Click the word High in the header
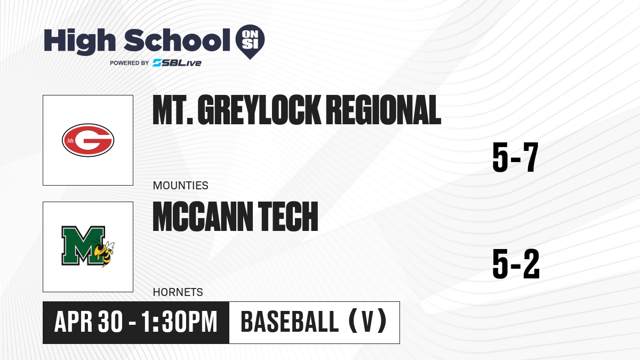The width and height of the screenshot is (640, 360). click(x=80, y=42)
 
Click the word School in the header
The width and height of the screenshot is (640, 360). click(x=177, y=41)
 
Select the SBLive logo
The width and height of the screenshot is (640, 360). click(x=177, y=63)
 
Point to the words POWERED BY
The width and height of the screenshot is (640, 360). click(x=130, y=63)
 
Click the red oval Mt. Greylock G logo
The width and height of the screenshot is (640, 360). click(x=88, y=140)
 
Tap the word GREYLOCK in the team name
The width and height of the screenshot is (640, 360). click(x=259, y=110)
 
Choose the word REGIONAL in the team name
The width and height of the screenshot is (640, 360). click(x=383, y=110)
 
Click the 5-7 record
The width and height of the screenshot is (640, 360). click(x=515, y=157)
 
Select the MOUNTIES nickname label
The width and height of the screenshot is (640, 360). click(x=181, y=186)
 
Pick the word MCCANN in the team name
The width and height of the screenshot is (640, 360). click(x=203, y=217)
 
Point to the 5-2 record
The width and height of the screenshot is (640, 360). click(x=516, y=264)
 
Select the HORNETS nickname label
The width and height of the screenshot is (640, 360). click(x=178, y=292)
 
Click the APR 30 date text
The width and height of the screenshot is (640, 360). click(x=89, y=322)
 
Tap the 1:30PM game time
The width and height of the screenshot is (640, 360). click(x=179, y=322)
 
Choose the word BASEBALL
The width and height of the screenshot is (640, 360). click(x=290, y=322)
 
